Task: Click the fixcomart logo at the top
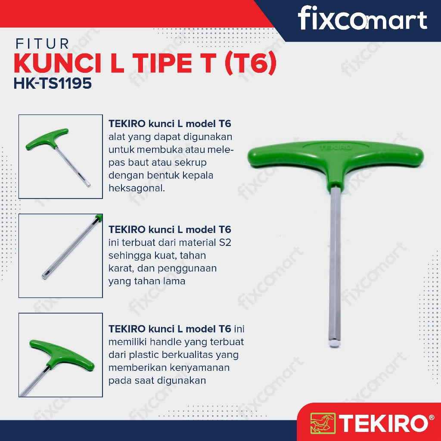click(x=362, y=18)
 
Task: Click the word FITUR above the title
click(x=42, y=44)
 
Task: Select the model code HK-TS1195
click(x=53, y=83)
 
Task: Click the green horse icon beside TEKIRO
click(x=323, y=423)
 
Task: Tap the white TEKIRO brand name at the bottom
click(x=384, y=423)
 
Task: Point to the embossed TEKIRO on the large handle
click(x=335, y=147)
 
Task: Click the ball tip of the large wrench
click(x=334, y=344)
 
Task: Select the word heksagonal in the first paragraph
click(x=137, y=188)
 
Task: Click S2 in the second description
click(x=225, y=242)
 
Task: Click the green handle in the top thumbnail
click(x=48, y=139)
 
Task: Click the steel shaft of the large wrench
click(x=335, y=264)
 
